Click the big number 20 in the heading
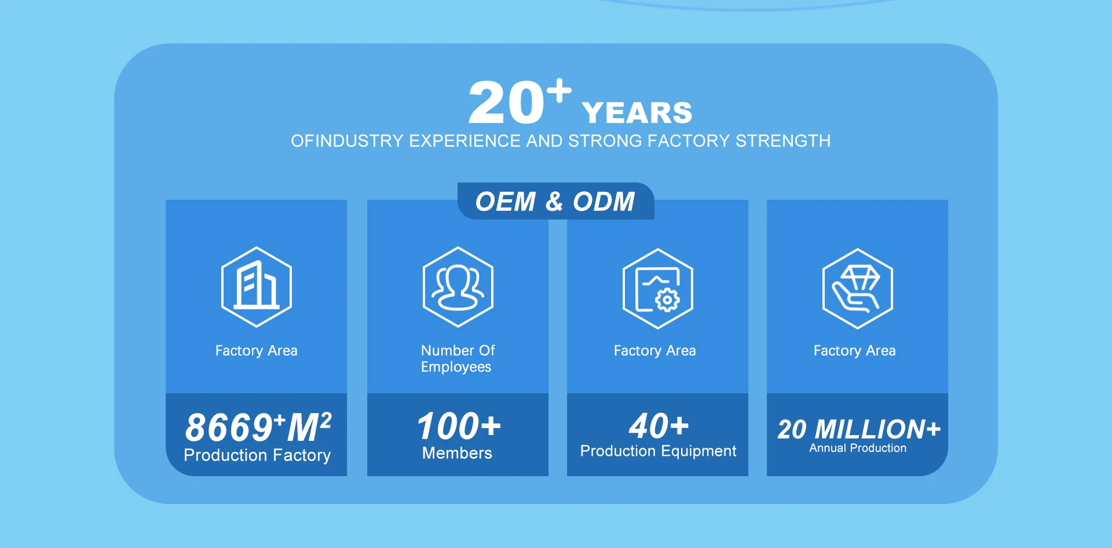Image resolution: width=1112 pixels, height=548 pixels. point(506,103)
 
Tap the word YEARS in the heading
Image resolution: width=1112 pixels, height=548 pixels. point(637,113)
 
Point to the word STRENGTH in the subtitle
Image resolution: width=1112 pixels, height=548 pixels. point(783,141)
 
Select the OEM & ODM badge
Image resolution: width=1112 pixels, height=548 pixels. point(555,201)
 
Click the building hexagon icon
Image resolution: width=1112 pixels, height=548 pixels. point(257,287)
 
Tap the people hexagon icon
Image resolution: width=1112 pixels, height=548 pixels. point(458,287)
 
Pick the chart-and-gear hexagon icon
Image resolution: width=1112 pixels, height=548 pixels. point(658,288)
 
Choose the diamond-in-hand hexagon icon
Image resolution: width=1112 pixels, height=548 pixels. point(858,288)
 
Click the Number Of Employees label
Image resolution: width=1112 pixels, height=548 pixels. point(458,359)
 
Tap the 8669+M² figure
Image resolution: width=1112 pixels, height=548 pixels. point(258,427)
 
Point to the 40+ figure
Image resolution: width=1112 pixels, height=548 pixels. point(659,426)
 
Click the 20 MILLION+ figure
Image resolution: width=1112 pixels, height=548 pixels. point(859,429)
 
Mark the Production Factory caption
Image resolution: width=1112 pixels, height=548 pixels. point(257,455)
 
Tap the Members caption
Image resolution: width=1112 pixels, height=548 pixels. point(457,453)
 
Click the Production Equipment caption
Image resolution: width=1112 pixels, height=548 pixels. point(659,451)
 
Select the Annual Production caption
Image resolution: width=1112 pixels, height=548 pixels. point(858,448)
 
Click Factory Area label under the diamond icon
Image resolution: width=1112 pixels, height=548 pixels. point(854,350)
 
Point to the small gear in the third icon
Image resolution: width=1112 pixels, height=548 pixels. point(667,300)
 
